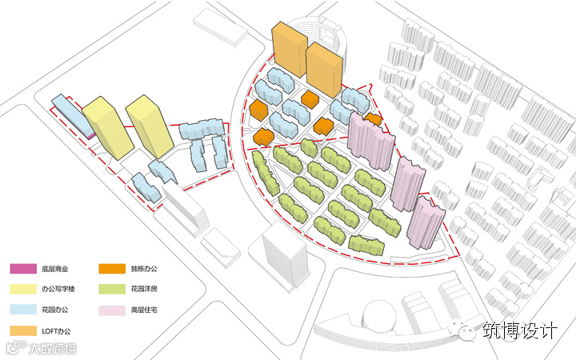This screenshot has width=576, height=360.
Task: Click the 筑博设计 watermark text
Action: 518,330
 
